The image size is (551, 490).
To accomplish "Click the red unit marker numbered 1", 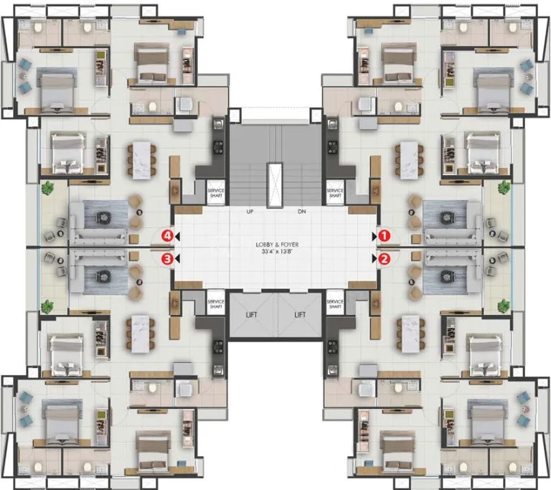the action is [384, 235].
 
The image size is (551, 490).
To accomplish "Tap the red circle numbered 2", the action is [384, 259].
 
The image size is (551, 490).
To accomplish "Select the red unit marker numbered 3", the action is [167, 259].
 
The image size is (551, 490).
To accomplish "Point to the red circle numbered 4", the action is [167, 235].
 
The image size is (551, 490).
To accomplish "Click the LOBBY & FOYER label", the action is [277, 245].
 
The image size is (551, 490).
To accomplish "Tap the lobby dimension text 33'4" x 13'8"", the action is [277, 252].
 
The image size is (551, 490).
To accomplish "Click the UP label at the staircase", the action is [250, 212].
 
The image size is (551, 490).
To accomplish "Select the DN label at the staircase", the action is [302, 212].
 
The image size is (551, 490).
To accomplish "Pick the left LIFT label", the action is [252, 315].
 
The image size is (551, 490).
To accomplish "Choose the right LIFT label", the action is [300, 315].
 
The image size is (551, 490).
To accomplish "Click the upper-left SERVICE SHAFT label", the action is [216, 192].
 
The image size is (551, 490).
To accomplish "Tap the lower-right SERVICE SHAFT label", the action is [335, 304].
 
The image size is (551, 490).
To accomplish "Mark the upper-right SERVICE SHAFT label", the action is [335, 192].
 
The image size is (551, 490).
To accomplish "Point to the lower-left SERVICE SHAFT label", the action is [216, 304].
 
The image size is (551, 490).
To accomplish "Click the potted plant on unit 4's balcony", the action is [47, 189].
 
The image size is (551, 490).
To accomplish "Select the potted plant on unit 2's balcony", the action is [504, 306].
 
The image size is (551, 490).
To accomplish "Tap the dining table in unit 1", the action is [410, 160].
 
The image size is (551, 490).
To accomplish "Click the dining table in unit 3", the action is [141, 334].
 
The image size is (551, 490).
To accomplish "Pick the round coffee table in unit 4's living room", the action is [104, 217].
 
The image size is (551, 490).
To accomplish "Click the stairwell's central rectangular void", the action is [275, 185].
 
